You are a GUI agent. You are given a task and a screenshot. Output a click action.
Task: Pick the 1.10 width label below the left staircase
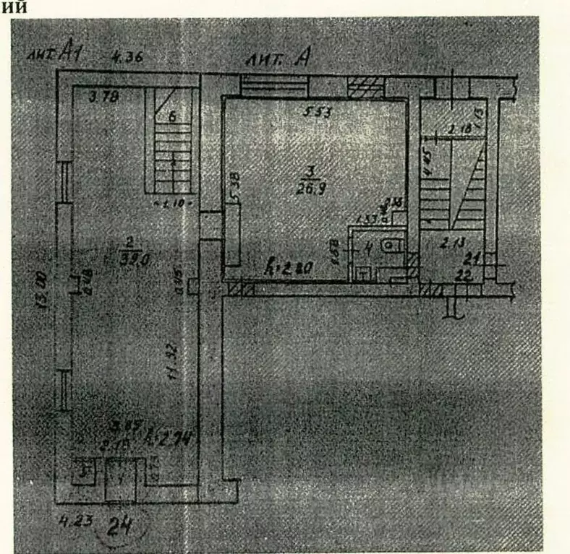click(173, 203)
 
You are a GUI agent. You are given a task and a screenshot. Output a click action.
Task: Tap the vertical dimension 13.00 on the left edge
click(45, 289)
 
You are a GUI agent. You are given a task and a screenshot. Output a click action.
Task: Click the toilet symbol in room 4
click(391, 246)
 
